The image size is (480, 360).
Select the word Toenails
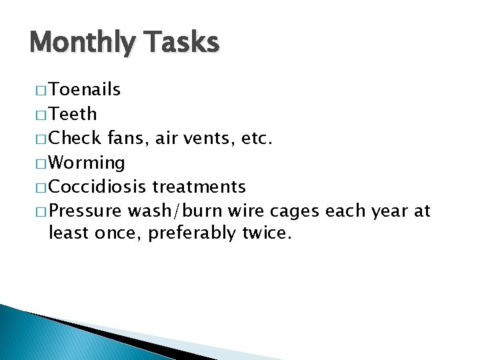click(85, 90)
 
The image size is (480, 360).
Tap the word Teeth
click(73, 114)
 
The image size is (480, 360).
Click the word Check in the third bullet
click(75, 138)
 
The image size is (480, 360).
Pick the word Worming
click(87, 163)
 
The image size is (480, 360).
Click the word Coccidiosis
click(99, 187)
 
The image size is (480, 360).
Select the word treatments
click(199, 187)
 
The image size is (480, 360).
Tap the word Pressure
click(85, 211)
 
